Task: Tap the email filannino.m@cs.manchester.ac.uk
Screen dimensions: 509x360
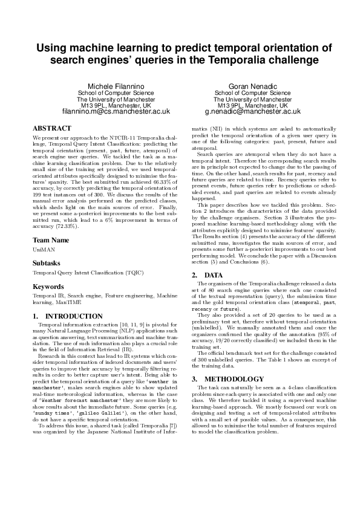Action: point(116,112)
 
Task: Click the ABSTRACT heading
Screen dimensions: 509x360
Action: point(51,129)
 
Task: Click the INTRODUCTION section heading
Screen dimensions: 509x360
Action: point(74,316)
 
